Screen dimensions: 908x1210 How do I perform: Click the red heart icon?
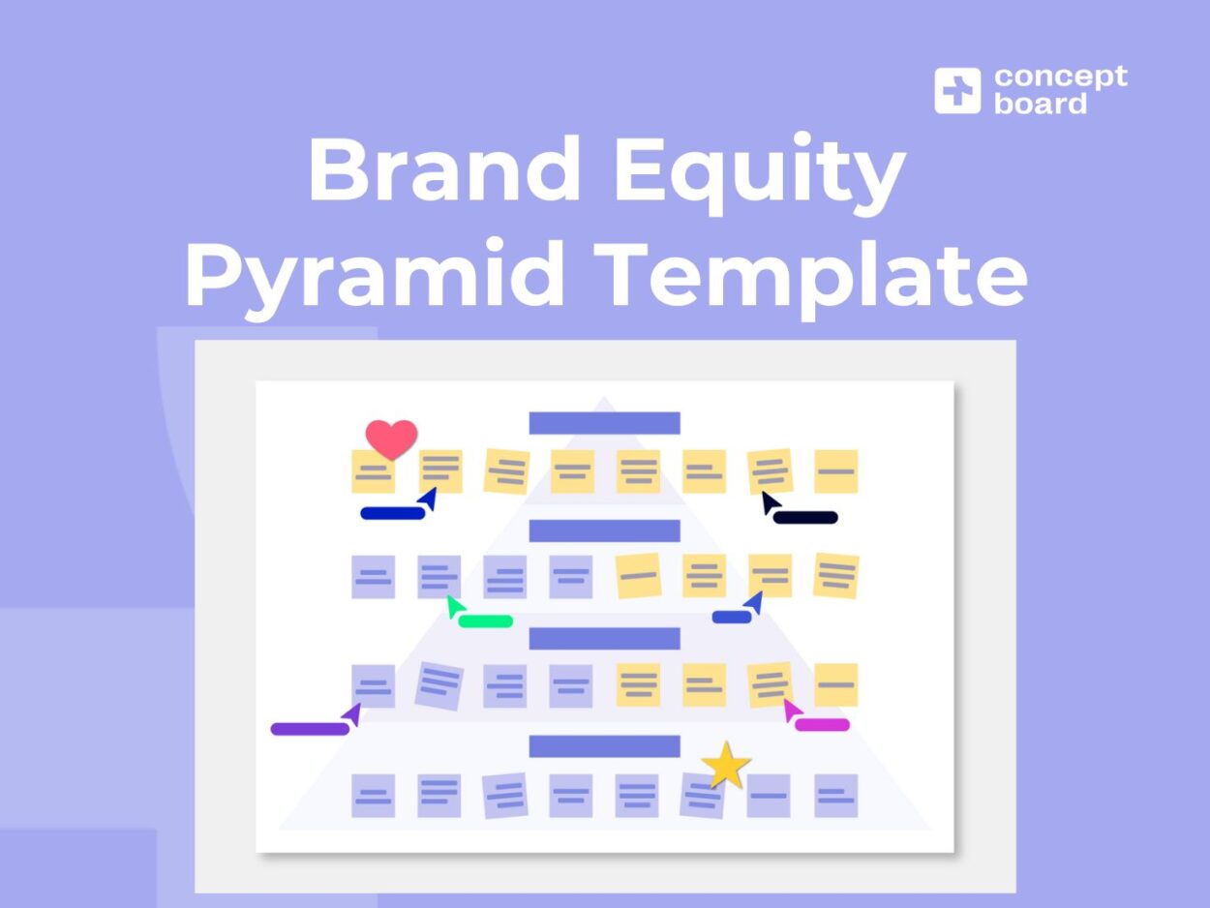(x=391, y=439)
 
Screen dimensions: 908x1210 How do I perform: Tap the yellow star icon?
(x=726, y=766)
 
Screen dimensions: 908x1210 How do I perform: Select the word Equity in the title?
(x=759, y=171)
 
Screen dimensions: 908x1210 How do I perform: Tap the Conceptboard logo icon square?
(x=957, y=90)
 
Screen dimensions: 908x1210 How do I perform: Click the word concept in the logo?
(x=1060, y=76)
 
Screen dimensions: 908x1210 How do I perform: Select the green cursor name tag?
(x=485, y=621)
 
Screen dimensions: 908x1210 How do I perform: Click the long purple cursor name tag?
(x=309, y=729)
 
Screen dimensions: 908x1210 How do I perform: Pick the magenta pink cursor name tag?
(x=822, y=724)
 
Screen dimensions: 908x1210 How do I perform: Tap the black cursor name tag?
(x=804, y=518)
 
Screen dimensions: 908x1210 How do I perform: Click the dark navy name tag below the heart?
(x=392, y=513)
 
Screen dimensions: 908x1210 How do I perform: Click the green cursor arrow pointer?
(x=454, y=607)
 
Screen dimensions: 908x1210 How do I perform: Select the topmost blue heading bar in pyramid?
(x=604, y=423)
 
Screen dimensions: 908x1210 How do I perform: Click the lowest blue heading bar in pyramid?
(x=604, y=745)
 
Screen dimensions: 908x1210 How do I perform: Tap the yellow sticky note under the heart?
(x=373, y=473)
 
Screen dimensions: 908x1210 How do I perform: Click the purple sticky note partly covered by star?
(x=701, y=797)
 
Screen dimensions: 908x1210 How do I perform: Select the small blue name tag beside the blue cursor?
(x=731, y=617)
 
